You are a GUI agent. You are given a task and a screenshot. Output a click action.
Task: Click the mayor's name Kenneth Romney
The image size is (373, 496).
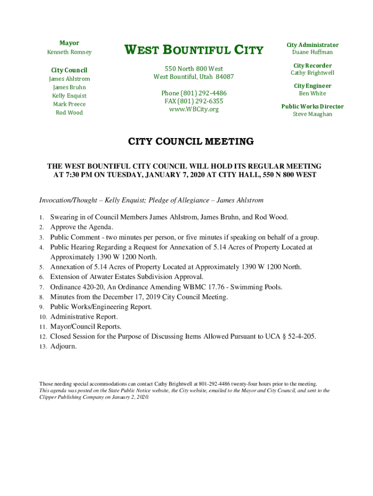click(69, 52)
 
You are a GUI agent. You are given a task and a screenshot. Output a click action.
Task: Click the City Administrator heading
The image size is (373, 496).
click(312, 45)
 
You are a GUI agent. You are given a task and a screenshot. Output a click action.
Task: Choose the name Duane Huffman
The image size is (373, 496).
click(312, 52)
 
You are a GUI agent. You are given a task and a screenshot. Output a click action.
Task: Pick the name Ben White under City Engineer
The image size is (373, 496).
click(312, 93)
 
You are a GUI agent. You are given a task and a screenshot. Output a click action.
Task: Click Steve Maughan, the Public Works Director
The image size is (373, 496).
click(312, 114)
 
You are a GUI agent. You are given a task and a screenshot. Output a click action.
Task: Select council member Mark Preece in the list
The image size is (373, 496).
click(69, 104)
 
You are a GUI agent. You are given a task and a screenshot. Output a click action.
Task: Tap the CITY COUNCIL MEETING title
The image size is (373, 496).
click(190, 142)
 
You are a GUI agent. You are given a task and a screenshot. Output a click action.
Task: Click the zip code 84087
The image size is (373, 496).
click(225, 77)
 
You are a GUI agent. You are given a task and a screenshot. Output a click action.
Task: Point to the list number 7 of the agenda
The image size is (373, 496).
click(42, 287)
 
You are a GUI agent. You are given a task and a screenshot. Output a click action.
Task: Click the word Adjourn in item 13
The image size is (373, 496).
click(63, 347)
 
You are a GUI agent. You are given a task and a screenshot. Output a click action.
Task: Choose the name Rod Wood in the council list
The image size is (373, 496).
click(69, 112)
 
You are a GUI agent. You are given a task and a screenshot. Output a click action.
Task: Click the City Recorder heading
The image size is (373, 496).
click(312, 65)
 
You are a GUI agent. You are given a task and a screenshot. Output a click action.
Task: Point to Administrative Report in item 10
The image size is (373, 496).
click(83, 317)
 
